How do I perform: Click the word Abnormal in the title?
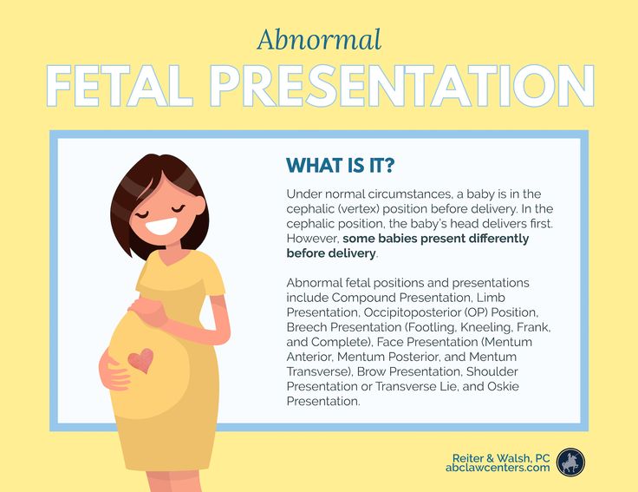click(319, 40)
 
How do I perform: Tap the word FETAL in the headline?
click(120, 86)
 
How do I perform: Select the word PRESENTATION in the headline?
click(401, 86)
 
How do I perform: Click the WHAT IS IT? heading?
click(340, 166)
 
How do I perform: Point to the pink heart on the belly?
click(141, 360)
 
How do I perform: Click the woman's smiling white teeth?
click(161, 226)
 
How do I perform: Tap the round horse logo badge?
click(571, 462)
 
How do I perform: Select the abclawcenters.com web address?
click(498, 468)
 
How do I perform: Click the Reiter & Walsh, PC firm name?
click(501, 458)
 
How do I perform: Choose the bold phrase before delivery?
click(331, 253)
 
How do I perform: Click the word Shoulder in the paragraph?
click(492, 371)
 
